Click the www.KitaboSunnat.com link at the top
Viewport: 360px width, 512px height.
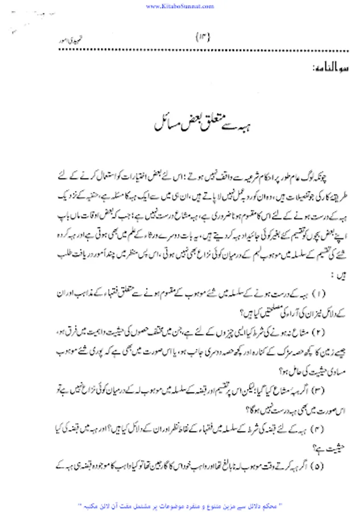click(x=179, y=6)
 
